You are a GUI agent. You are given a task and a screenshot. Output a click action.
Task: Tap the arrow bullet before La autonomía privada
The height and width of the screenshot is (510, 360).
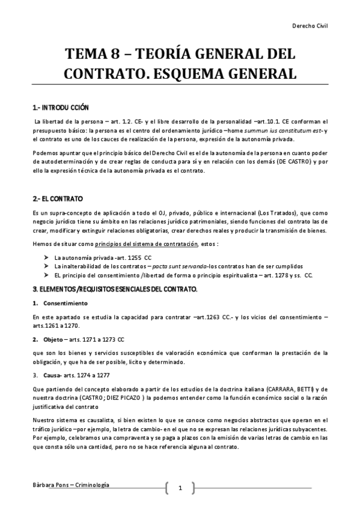pos(46,257)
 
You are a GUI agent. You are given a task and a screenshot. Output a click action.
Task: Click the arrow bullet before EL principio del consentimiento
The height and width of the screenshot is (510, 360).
pos(46,275)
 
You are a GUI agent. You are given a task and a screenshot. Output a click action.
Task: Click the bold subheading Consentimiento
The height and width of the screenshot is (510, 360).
pos(66,303)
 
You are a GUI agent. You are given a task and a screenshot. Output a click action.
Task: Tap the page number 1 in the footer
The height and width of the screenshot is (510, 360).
pos(179,488)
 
